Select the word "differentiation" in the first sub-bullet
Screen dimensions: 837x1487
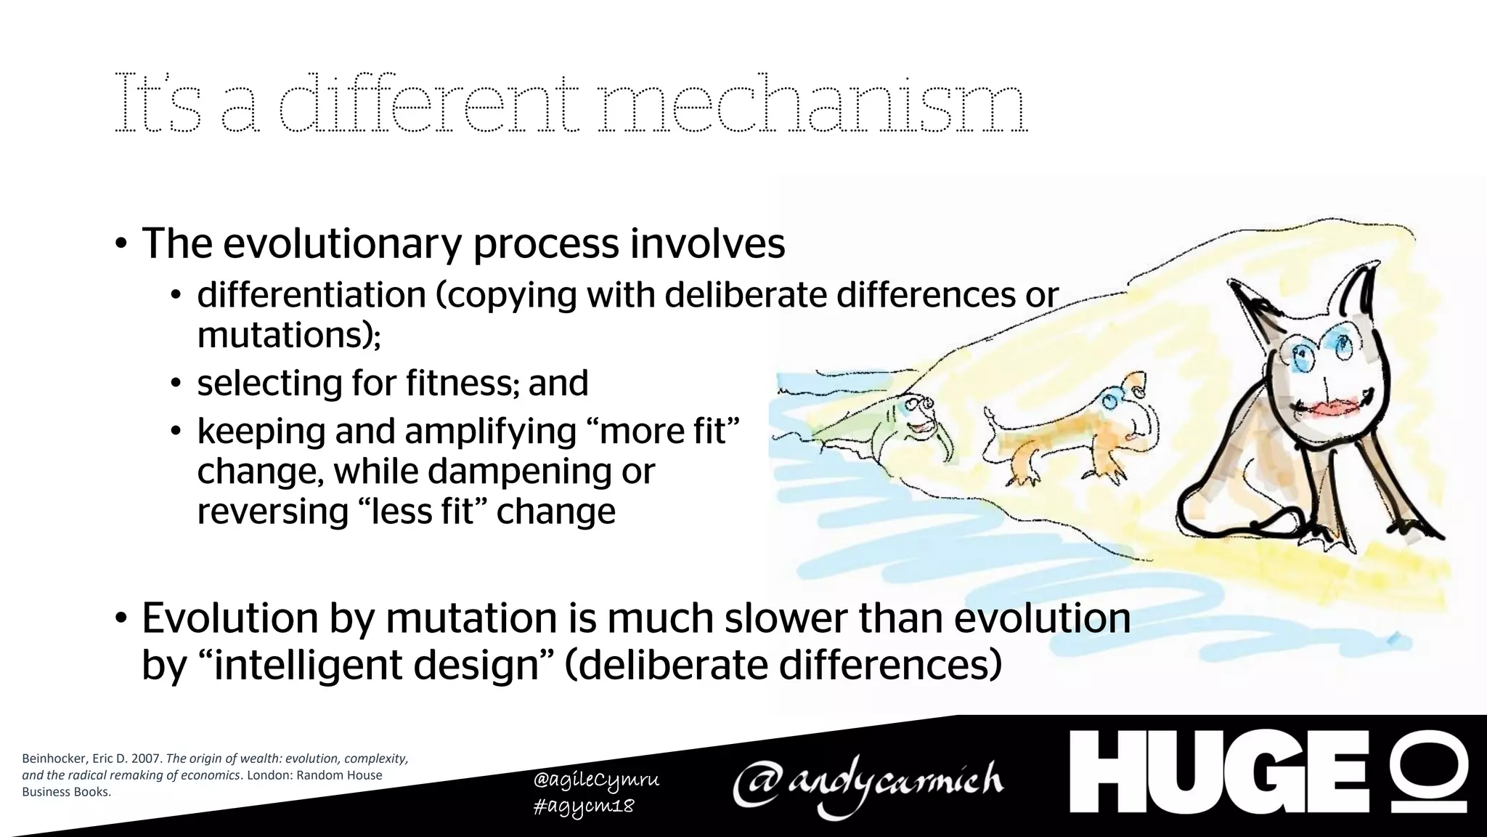coord(311,295)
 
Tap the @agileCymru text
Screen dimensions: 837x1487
coord(596,780)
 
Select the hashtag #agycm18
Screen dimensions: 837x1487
coord(583,806)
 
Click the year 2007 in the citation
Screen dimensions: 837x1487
coord(146,759)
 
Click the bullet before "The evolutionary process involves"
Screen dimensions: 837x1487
coord(121,245)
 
